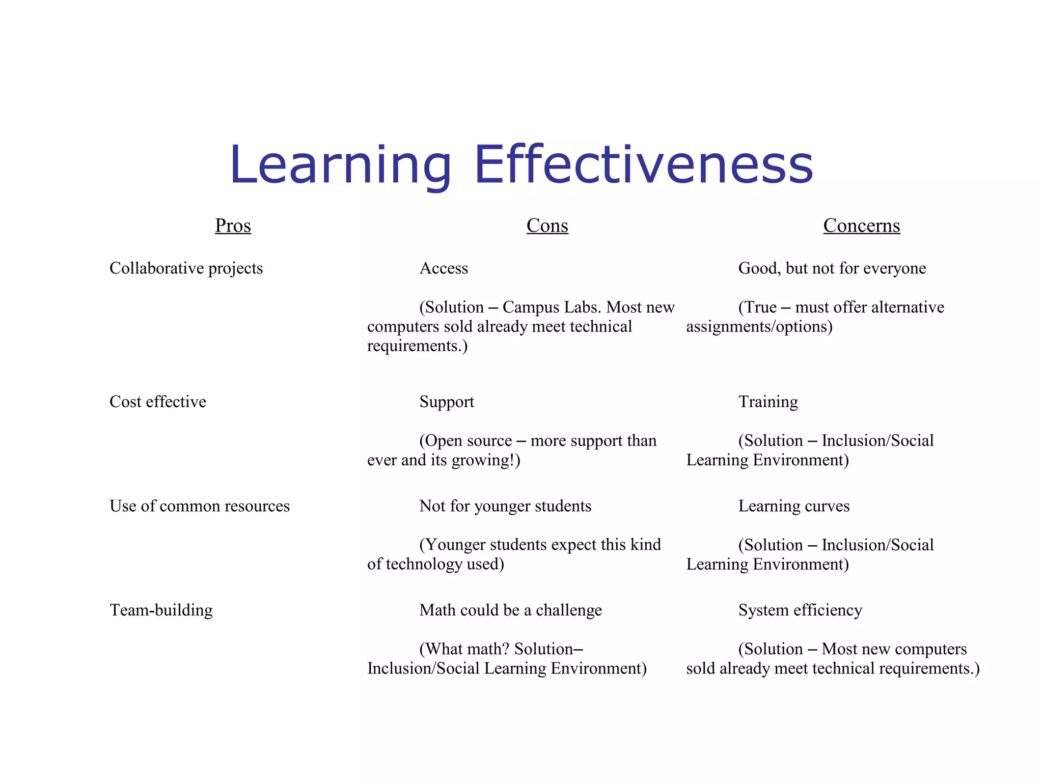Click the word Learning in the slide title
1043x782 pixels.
[340, 165]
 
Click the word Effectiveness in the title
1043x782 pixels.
[643, 164]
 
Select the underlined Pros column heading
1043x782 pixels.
[233, 226]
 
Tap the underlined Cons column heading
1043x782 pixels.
[547, 226]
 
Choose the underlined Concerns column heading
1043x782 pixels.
[861, 226]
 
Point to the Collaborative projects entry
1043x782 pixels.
[186, 268]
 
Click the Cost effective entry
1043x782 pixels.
[158, 402]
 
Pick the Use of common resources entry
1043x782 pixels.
[199, 506]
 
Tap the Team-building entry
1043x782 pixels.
[161, 610]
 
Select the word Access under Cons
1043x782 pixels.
[443, 268]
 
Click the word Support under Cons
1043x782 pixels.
[446, 402]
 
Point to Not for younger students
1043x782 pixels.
[505, 506]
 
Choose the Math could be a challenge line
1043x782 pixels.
[510, 610]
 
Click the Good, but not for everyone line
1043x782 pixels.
[832, 268]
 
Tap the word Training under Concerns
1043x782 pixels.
[768, 402]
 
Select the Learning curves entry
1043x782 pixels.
[793, 506]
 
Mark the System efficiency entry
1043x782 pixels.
[800, 610]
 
